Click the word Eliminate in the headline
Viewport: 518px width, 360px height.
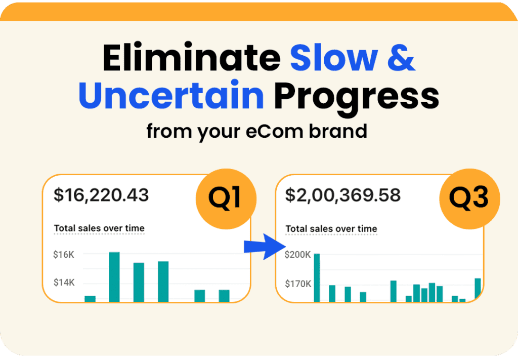pyautogui.click(x=192, y=57)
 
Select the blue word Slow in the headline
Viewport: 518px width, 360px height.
pyautogui.click(x=334, y=58)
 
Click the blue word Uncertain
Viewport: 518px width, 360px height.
pyautogui.click(x=171, y=94)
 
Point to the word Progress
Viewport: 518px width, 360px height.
pyautogui.click(x=357, y=98)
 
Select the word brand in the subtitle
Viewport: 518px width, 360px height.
pyautogui.click(x=337, y=131)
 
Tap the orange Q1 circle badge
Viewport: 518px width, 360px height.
pyautogui.click(x=226, y=198)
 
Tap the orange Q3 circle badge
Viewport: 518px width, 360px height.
pyautogui.click(x=469, y=198)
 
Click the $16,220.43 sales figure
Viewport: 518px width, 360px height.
pyautogui.click(x=101, y=195)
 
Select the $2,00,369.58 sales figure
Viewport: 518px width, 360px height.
pyautogui.click(x=343, y=195)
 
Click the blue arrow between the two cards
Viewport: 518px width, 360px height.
pyautogui.click(x=265, y=247)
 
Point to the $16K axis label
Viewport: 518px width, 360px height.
pyautogui.click(x=64, y=255)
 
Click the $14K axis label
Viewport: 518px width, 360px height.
pyautogui.click(x=64, y=283)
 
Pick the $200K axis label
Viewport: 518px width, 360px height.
pyautogui.click(x=297, y=255)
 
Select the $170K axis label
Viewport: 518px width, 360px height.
pyautogui.click(x=298, y=284)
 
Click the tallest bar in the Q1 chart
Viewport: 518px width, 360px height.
pyautogui.click(x=114, y=277)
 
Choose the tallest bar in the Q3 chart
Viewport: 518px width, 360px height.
pyautogui.click(x=317, y=278)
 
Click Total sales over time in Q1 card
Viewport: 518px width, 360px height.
pyautogui.click(x=99, y=228)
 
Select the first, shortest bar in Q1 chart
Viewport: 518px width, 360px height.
pyautogui.click(x=90, y=299)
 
